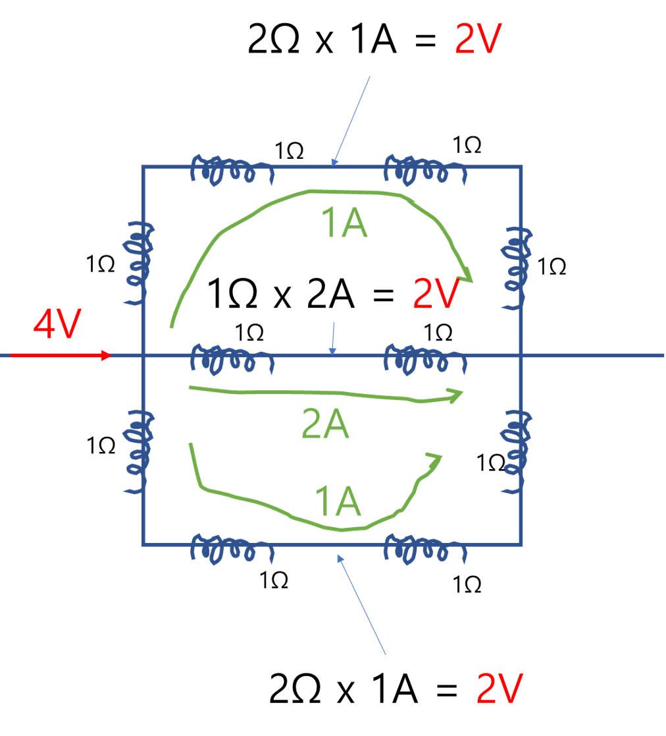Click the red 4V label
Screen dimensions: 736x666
(57, 325)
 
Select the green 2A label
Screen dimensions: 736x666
(325, 424)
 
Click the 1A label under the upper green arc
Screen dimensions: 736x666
(344, 224)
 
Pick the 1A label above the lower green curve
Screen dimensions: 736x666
(338, 501)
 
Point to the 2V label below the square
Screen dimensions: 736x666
(499, 689)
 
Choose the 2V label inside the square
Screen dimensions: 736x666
(435, 295)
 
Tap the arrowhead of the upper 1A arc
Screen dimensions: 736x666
(466, 275)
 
